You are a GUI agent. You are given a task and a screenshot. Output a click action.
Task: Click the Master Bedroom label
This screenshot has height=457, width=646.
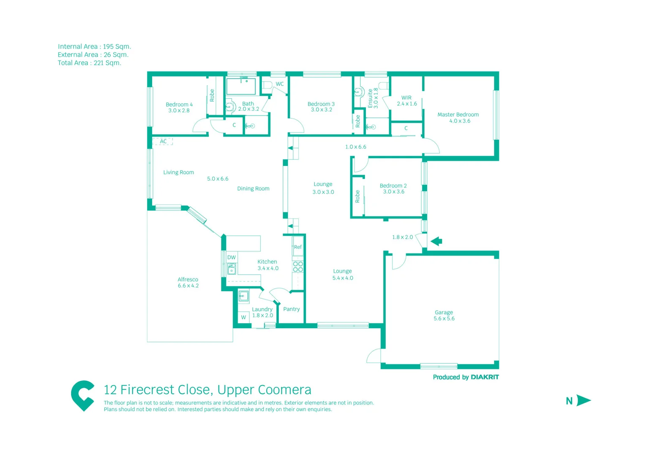pos(458,115)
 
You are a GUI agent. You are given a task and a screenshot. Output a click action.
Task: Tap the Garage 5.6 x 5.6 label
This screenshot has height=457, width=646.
pos(444,315)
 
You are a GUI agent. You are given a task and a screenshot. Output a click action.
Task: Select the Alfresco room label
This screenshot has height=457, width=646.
pos(188,280)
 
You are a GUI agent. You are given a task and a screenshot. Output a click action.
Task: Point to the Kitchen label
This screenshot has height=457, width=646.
pos(267,262)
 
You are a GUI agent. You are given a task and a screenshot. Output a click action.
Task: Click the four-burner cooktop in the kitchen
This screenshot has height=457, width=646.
pos(298,267)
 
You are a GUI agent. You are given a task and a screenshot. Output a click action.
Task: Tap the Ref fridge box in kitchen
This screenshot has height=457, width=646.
pos(298,247)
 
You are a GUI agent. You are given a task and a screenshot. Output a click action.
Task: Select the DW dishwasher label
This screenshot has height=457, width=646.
pos(232,257)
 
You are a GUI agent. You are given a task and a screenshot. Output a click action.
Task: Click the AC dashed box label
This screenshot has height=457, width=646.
pos(163,141)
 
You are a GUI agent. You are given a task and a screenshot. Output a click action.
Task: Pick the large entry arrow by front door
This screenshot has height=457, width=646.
pos(436,241)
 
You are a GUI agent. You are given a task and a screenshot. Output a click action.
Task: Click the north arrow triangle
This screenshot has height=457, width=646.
pos(583,400)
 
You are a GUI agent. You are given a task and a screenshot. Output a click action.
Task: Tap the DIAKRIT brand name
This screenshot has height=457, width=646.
pos(485,377)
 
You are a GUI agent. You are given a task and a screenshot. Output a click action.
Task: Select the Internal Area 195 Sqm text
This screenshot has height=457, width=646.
pos(94,47)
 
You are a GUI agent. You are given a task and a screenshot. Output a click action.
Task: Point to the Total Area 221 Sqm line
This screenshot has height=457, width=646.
pos(89,63)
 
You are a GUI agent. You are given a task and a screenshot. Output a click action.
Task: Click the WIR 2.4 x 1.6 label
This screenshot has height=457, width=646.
pos(406,101)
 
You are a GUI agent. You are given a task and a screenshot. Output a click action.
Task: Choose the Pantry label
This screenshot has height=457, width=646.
pos(292,309)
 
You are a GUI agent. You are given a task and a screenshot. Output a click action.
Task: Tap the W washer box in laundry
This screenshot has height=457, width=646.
pos(243,317)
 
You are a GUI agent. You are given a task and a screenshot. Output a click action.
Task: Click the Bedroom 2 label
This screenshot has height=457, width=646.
pos(393,186)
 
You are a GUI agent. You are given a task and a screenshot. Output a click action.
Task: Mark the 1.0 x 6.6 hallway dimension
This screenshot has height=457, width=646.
pos(355,147)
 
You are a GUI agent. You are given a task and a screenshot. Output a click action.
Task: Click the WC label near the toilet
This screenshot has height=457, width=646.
pos(280,84)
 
